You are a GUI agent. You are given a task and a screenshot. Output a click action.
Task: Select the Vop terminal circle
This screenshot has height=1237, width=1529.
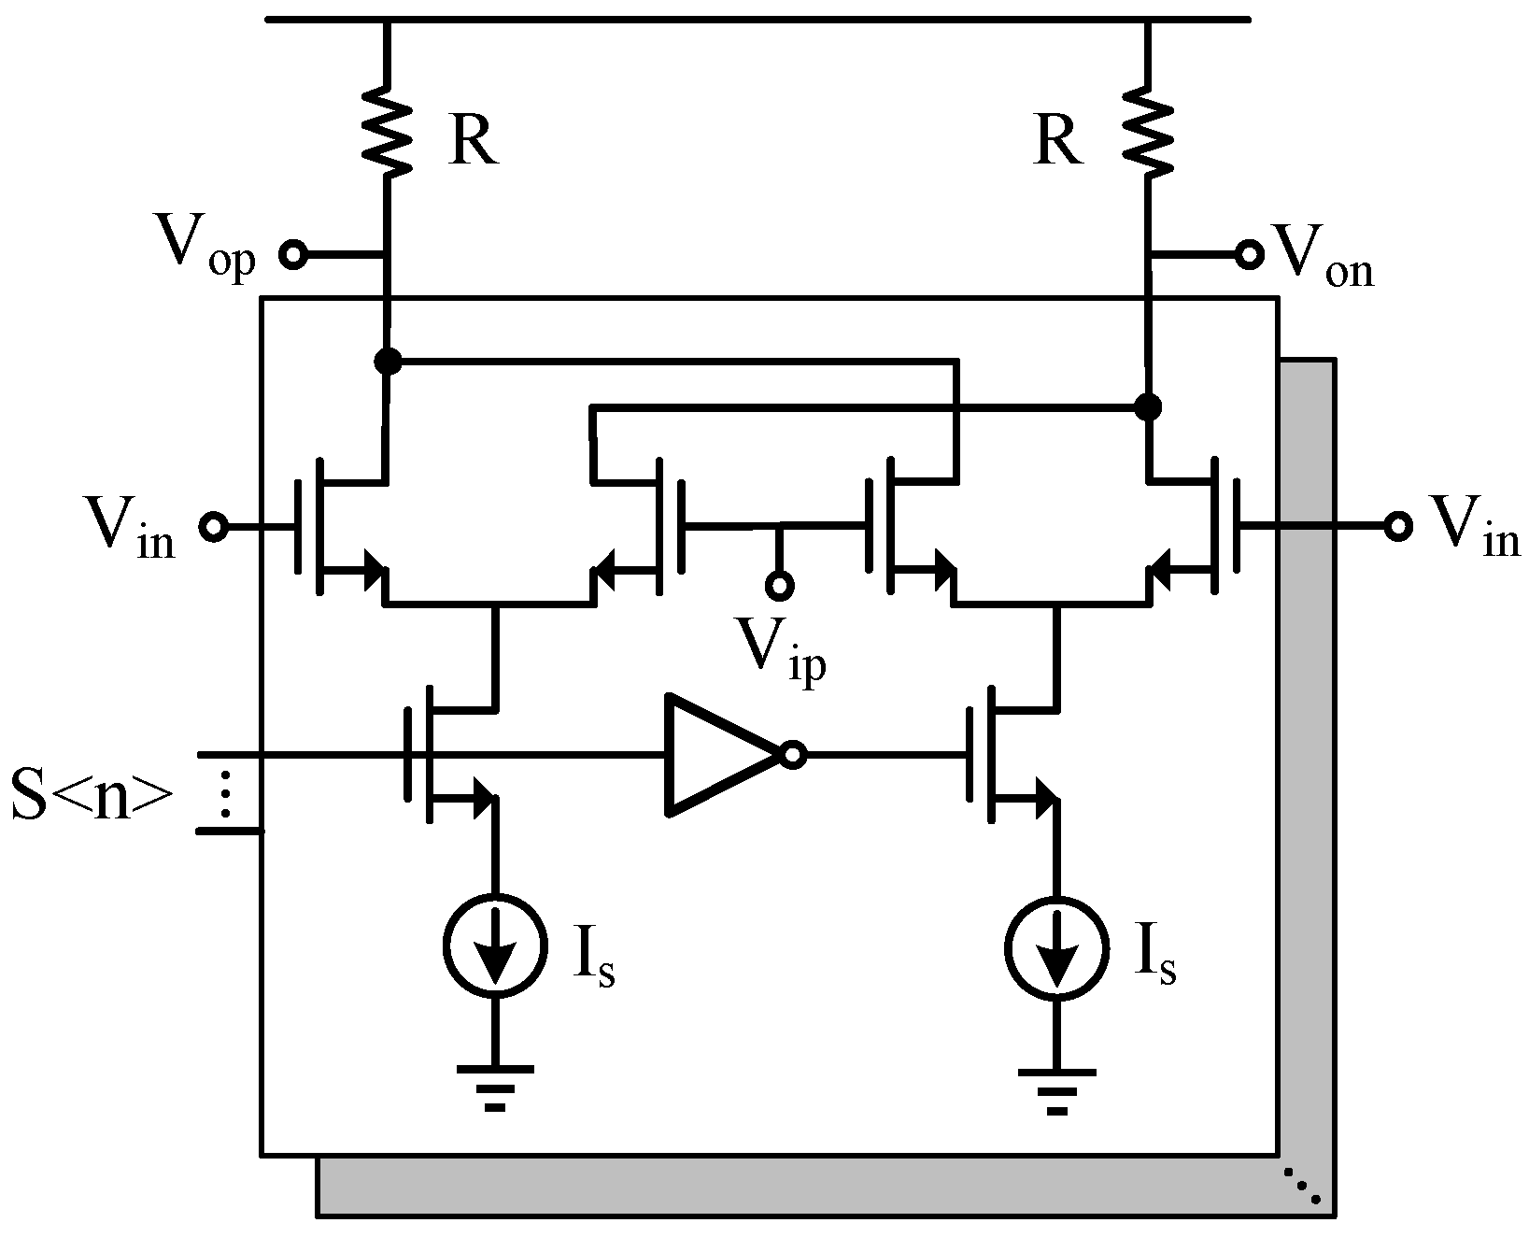coord(293,254)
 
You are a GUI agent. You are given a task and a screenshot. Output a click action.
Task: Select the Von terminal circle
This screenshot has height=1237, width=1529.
coord(1247,253)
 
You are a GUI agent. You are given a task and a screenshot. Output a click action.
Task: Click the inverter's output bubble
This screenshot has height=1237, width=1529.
coord(793,755)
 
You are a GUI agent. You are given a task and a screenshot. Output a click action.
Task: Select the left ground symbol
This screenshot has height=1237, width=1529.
coord(495,1084)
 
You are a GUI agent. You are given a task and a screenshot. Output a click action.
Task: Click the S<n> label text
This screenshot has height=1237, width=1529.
coord(92,795)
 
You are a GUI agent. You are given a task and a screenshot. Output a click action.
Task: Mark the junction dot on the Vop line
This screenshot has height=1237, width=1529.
coord(387,360)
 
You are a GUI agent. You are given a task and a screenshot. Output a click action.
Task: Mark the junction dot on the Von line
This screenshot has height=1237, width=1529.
coord(1148,406)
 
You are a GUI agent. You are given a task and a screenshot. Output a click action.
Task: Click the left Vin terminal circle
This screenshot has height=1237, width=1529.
coord(214,527)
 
